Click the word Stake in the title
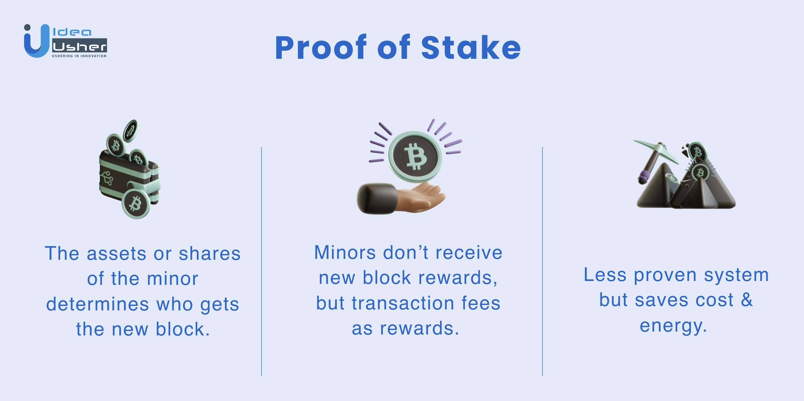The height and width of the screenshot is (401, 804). [471, 47]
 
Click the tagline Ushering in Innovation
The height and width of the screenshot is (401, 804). [79, 56]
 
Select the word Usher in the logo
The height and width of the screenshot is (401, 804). [79, 47]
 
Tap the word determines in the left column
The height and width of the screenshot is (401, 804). [98, 304]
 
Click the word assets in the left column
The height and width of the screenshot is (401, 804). [116, 254]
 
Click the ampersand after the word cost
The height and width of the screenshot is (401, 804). [747, 300]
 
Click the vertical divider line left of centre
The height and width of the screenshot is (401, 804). [262, 261]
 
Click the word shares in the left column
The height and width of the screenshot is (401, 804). [210, 254]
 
